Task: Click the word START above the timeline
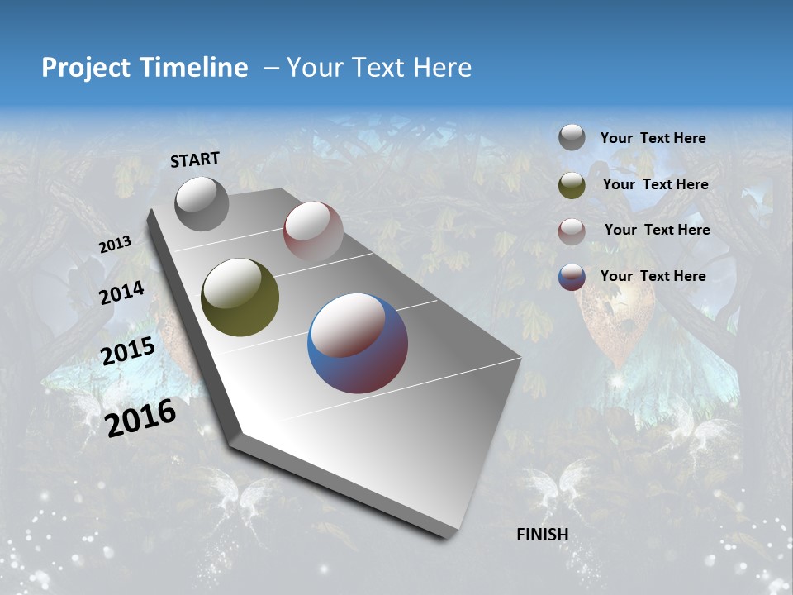pyautogui.click(x=195, y=159)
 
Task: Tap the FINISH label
pyautogui.click(x=542, y=535)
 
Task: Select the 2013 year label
pyautogui.click(x=116, y=245)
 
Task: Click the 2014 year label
pyautogui.click(x=122, y=293)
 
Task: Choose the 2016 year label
pyautogui.click(x=140, y=417)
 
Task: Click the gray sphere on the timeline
pyautogui.click(x=202, y=203)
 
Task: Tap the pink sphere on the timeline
pyautogui.click(x=313, y=231)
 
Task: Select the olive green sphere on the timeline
pyautogui.click(x=240, y=297)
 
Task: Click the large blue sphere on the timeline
pyautogui.click(x=358, y=343)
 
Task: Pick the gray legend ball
pyautogui.click(x=572, y=138)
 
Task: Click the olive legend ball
pyautogui.click(x=572, y=185)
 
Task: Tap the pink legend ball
pyautogui.click(x=572, y=231)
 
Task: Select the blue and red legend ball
pyautogui.click(x=572, y=277)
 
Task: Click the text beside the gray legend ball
pyautogui.click(x=653, y=139)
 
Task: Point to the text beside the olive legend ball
pyautogui.click(x=655, y=184)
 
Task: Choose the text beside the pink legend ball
pyautogui.click(x=657, y=230)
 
